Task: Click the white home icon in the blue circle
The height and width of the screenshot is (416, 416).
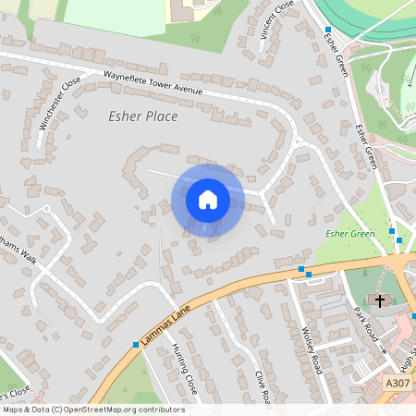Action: [207, 199]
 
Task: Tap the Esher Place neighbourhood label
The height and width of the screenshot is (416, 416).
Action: [143, 117]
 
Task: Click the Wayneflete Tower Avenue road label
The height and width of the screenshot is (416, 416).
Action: [153, 85]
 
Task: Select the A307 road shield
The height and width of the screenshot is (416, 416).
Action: [396, 382]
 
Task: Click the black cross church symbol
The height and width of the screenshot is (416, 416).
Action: [379, 300]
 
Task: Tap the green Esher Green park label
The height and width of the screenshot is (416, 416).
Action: [350, 234]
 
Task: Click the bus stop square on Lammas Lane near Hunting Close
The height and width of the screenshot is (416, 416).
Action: [136, 344]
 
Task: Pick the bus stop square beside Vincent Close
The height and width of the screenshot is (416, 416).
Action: [327, 31]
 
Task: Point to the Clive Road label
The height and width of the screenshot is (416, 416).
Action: [262, 388]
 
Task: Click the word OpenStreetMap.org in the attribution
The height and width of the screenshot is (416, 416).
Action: [111, 410]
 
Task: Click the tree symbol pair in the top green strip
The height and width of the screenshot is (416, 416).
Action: [195, 39]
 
